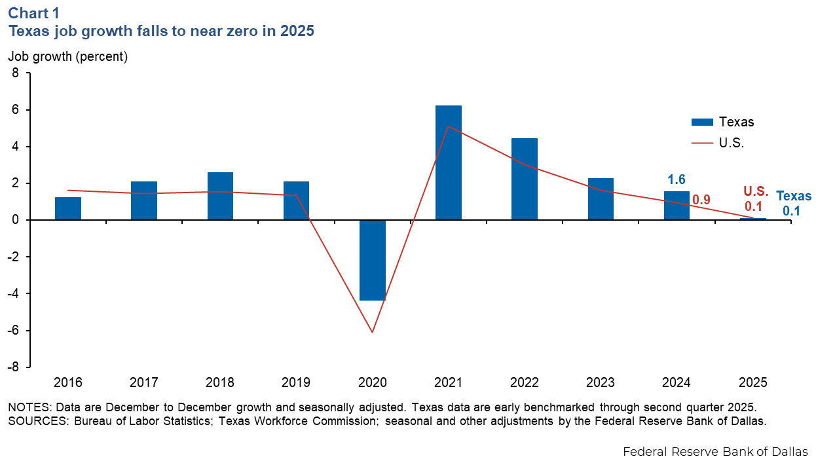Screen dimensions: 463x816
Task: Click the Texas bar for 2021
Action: (449, 162)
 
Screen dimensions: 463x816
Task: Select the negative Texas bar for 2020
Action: (373, 260)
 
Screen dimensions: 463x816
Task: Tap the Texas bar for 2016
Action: (68, 208)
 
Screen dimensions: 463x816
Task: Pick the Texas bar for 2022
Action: (525, 179)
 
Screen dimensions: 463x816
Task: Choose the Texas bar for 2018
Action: (220, 196)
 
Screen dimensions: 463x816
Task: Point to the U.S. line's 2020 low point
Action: (373, 332)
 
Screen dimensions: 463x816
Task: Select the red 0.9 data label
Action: (701, 200)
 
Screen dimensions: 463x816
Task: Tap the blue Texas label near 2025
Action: (794, 196)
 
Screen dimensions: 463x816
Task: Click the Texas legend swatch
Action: (701, 122)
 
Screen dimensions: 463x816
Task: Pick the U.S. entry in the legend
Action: (731, 143)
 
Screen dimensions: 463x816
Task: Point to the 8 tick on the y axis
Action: (16, 73)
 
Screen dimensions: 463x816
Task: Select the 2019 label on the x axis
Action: (297, 382)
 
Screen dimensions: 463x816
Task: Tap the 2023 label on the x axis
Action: (601, 382)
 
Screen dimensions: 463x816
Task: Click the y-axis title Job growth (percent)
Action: (67, 56)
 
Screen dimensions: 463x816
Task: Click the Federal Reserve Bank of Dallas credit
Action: (715, 452)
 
